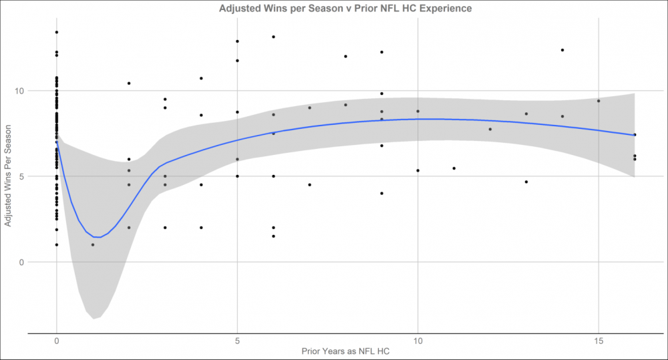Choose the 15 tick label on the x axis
tap(599, 341)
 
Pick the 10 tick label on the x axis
tap(417, 341)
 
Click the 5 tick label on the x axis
tap(237, 341)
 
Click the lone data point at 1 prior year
tap(93, 244)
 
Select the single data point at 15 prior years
tap(599, 101)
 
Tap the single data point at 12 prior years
tap(490, 130)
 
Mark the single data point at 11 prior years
tap(454, 168)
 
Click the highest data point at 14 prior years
tap(562, 50)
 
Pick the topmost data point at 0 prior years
tap(57, 32)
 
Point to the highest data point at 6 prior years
tap(273, 37)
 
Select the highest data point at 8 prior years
tap(345, 56)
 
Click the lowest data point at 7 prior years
tap(309, 184)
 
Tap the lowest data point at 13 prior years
tap(526, 182)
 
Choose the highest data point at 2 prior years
tap(129, 83)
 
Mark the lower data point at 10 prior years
tap(417, 170)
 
